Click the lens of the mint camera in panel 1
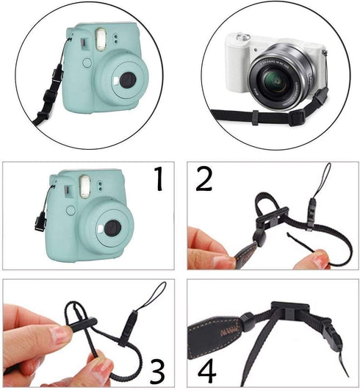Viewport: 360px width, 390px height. (x=112, y=229)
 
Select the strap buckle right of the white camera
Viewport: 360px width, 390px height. (x=320, y=100)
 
